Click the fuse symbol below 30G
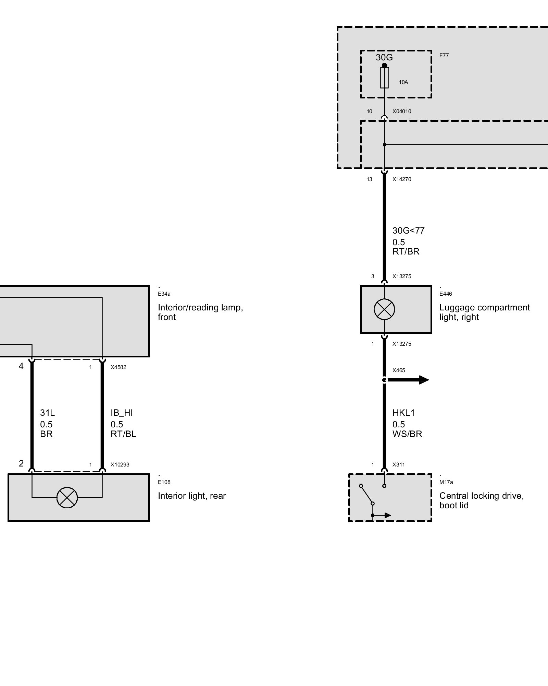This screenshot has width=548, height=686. pos(384,78)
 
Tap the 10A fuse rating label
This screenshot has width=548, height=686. pos(403,82)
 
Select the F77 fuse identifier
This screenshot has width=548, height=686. pos(444,55)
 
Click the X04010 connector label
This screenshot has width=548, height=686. pos(401,111)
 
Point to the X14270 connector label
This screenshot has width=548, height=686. pos(401,179)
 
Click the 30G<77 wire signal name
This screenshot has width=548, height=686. pos(408,230)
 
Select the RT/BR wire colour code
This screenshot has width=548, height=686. pos(406,251)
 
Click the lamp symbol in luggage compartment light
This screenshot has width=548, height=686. pos(384,309)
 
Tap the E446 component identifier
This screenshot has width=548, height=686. pos(445,294)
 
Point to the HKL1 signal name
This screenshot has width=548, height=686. pos(403,413)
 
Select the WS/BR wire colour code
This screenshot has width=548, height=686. pos(407,434)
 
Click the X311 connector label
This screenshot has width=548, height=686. pos(398,465)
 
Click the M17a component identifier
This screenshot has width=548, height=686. pos(446,482)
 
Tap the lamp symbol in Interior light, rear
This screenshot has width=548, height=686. pos(67,497)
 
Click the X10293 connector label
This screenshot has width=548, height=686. pos(120,465)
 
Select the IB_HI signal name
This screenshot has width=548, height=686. pos(121,413)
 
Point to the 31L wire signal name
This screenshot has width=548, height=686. pos(47,413)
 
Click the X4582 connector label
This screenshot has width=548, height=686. pos(118,367)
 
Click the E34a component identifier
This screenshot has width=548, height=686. pos(164,294)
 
